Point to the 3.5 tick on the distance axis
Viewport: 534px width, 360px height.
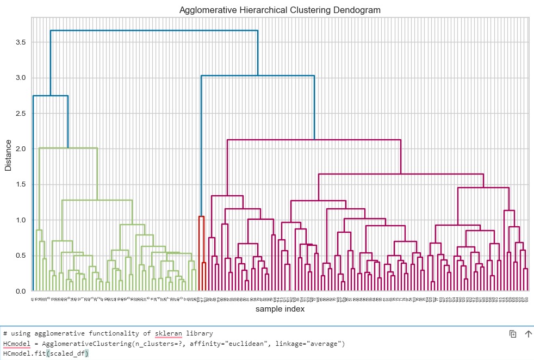pos(21,42)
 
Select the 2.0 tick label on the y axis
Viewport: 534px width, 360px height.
pos(21,148)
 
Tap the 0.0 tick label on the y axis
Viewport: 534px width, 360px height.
pos(21,291)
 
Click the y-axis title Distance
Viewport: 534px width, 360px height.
pos(8,155)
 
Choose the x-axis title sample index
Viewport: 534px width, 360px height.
pos(280,309)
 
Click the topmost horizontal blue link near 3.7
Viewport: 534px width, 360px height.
pos(154,30)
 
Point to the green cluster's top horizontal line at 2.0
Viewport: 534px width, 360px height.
pos(68,148)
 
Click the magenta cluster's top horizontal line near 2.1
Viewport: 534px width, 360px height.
pos(314,140)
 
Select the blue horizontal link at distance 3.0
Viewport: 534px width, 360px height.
pos(257,76)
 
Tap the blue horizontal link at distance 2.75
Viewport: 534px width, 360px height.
pos(50,96)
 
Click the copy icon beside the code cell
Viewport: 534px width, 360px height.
pos(512,334)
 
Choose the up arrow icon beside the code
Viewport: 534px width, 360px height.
pos(527,334)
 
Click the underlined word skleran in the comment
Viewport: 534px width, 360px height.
pos(169,333)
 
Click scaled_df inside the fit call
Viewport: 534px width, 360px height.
pos(67,355)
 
